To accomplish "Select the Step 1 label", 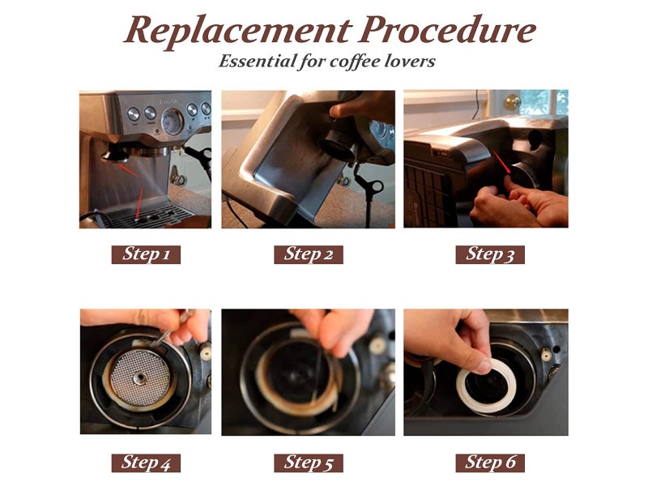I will tap(146, 254).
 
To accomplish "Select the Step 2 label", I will tap(308, 254).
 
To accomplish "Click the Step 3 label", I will tap(490, 254).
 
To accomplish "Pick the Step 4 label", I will tap(146, 463).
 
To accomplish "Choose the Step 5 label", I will tap(308, 463).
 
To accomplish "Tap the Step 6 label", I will tap(490, 463).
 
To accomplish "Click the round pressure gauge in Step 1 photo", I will tap(172, 122).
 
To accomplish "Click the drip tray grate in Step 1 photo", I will tap(150, 217).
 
